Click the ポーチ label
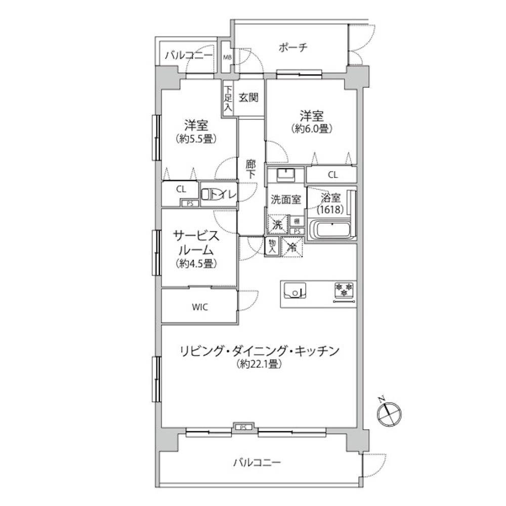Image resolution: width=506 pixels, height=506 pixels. tap(293, 48)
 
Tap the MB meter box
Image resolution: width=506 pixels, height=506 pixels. tap(228, 58)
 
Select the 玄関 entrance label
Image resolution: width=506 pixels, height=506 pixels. tap(248, 97)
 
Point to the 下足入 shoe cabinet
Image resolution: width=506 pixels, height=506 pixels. tap(228, 98)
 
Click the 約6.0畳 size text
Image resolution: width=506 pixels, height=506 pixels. tap(312, 129)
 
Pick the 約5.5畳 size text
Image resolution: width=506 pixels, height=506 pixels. tap(196, 139)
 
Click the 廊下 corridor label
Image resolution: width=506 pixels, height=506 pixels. tap(250, 169)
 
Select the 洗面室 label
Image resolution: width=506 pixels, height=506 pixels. tap(285, 200)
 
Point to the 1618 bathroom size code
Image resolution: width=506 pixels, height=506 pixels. tap(330, 210)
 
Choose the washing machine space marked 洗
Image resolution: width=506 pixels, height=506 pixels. tap(277, 224)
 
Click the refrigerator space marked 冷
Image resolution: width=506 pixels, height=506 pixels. tap(292, 247)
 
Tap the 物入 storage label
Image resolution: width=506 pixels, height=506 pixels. tap(272, 247)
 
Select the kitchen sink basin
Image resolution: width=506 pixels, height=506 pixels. tap(294, 290)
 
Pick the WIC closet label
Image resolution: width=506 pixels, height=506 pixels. tap(200, 307)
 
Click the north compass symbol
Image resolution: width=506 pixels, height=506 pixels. tap(389, 413)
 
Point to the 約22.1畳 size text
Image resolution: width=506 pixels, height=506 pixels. tap(260, 364)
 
